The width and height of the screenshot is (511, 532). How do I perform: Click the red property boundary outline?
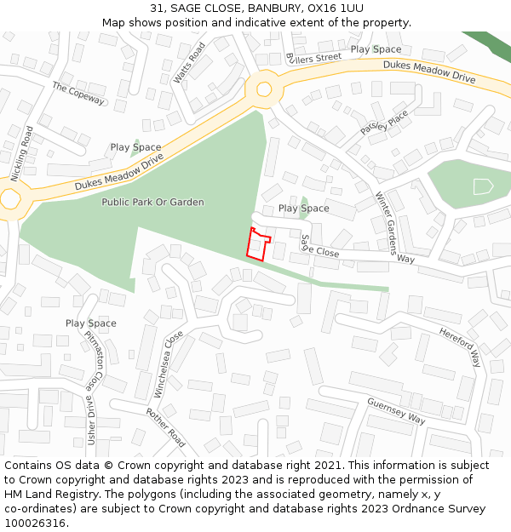click(258, 243)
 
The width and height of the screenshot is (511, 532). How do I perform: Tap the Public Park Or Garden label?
click(152, 202)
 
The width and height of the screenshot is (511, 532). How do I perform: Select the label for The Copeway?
click(78, 93)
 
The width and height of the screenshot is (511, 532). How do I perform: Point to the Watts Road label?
click(190, 64)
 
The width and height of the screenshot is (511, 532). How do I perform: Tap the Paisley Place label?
click(384, 123)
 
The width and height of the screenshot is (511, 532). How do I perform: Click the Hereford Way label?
click(461, 344)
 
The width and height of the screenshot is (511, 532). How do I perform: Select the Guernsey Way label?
click(396, 410)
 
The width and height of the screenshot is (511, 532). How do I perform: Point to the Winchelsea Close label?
click(169, 364)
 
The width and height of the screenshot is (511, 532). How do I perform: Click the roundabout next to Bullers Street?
click(264, 89)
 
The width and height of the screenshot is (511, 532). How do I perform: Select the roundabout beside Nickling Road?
click(9, 199)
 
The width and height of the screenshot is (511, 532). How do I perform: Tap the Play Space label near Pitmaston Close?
click(90, 323)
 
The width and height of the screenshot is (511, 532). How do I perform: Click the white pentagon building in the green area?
click(483, 186)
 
